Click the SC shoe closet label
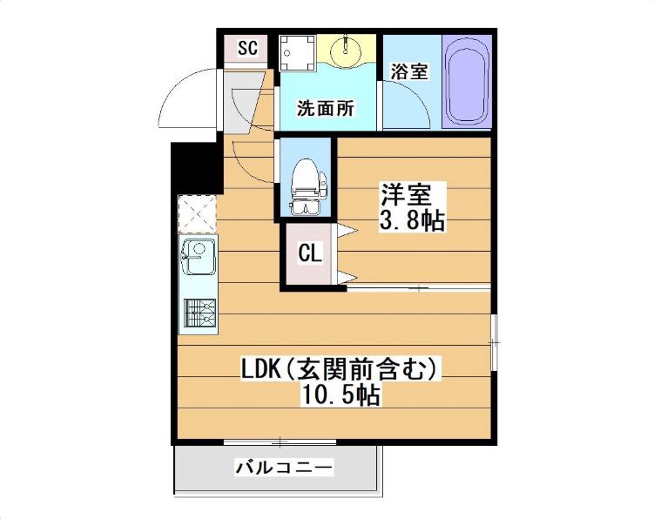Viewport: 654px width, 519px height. coord(247,48)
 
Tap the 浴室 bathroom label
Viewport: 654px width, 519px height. coord(408,71)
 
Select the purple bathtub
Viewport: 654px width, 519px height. coord(467,81)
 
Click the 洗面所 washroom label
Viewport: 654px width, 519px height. coord(325,109)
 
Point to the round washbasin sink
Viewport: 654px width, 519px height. coord(347,50)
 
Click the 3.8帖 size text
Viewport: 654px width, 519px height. coord(411,221)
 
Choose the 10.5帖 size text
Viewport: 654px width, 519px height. coord(340,394)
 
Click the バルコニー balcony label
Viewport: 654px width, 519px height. coord(283,468)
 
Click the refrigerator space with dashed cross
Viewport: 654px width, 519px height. coord(197,212)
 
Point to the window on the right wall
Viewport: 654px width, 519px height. coord(495,340)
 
